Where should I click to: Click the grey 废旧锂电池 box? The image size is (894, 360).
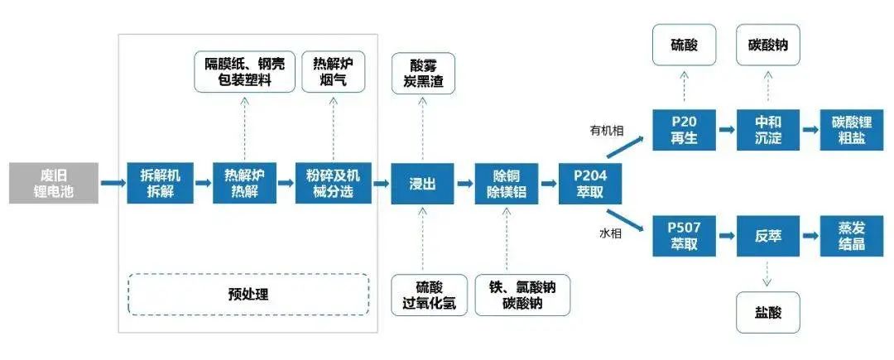[x=52, y=183]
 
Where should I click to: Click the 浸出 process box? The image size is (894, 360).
[x=423, y=183]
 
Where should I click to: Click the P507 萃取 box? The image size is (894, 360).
[x=684, y=235]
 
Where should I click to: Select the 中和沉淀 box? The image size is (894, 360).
[x=767, y=131]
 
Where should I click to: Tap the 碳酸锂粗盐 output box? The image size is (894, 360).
[x=850, y=131]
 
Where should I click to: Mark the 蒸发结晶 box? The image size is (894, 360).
[x=850, y=235]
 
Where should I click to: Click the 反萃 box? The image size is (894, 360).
[x=767, y=235]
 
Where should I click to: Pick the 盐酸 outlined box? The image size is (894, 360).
[x=767, y=312]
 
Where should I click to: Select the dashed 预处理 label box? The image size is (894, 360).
[x=248, y=294]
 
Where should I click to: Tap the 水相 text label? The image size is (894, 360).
[x=609, y=234]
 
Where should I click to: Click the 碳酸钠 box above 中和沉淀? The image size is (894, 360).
[x=767, y=46]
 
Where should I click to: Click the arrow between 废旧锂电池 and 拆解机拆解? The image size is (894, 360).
[x=112, y=183]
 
